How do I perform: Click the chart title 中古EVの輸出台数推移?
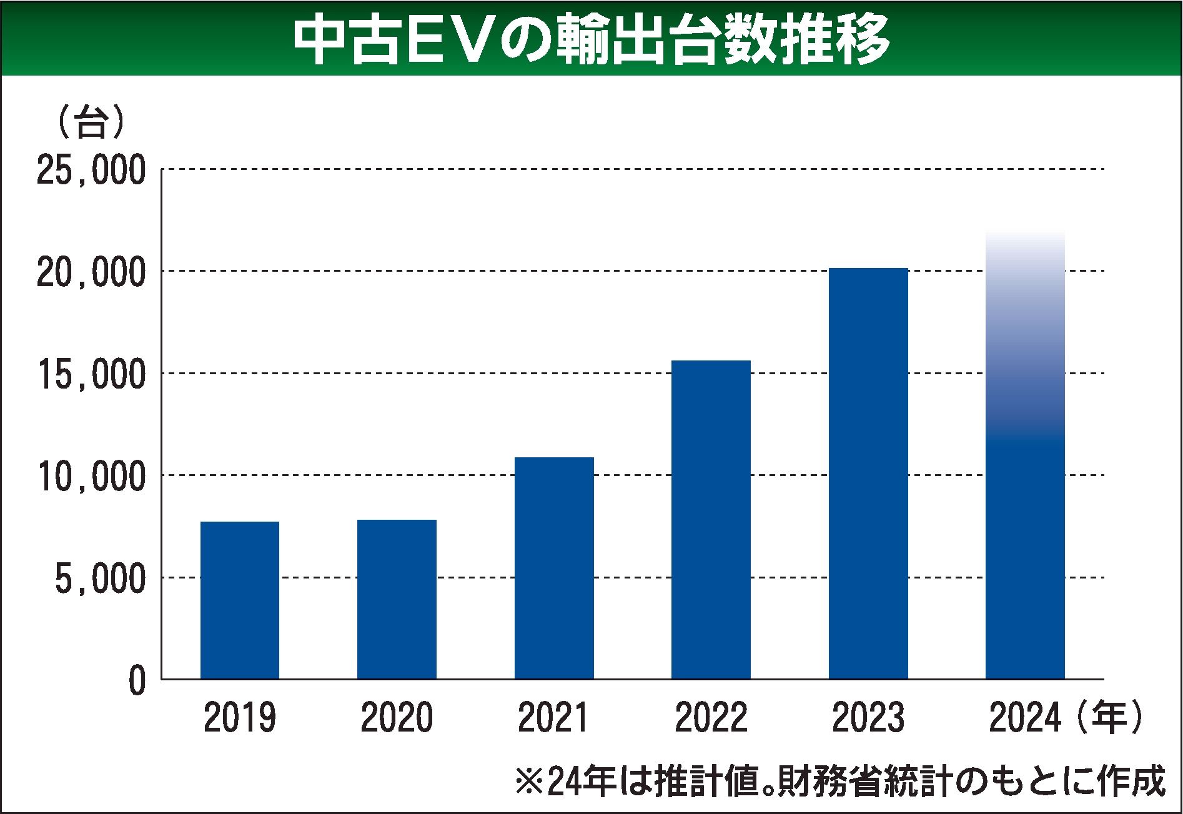(591, 39)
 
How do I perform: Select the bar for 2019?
(240, 600)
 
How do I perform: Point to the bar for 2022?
(711, 519)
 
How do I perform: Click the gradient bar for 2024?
(1025, 456)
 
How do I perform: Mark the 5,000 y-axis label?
(100, 579)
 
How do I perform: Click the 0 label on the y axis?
(137, 682)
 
